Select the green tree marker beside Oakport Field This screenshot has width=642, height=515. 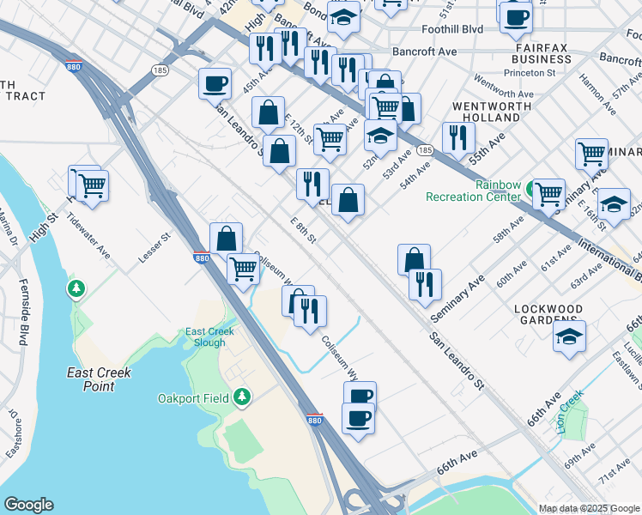(x=243, y=396)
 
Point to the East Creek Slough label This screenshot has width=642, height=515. (x=205, y=337)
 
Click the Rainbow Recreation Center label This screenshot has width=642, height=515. (x=474, y=191)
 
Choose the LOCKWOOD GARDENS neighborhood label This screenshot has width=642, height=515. (x=548, y=315)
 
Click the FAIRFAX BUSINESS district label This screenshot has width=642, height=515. (x=541, y=53)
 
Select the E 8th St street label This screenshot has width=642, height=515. (x=304, y=230)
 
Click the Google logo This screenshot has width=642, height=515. (x=28, y=505)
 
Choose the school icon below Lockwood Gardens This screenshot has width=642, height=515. (x=569, y=336)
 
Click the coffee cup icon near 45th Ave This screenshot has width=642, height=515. (x=215, y=83)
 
